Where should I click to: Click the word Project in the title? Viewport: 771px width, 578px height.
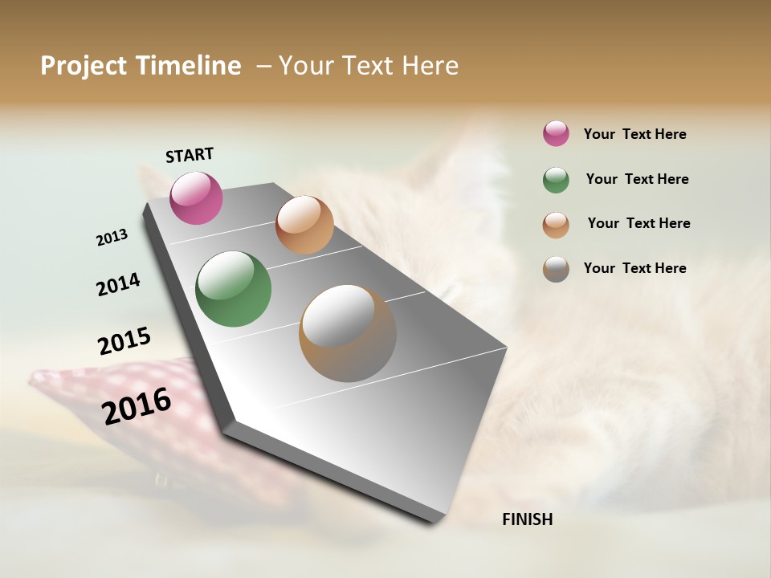pos(82,66)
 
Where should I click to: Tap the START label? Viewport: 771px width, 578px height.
pos(190,155)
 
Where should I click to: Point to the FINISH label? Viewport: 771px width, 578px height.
pos(527,519)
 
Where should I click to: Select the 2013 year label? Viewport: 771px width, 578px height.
pos(112,238)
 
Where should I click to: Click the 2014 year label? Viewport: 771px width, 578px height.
pos(118,284)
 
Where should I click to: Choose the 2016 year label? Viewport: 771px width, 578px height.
pos(137,406)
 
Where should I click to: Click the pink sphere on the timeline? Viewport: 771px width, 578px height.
pos(196,197)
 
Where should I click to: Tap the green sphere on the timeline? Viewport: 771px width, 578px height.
pos(233,289)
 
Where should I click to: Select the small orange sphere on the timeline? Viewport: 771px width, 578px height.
pos(304,225)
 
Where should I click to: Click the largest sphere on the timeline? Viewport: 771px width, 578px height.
pos(347,333)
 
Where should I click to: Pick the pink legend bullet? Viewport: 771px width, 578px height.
pos(556,134)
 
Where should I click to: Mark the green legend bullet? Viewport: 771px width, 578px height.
pos(556,180)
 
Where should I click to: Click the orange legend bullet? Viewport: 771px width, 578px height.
pos(556,225)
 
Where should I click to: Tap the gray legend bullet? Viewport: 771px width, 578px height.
pos(556,269)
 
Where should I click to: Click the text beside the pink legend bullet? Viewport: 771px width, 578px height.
pos(634,134)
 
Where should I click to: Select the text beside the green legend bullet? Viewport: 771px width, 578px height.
pos(637,179)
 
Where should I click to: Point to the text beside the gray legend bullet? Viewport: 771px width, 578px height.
pos(634,268)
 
